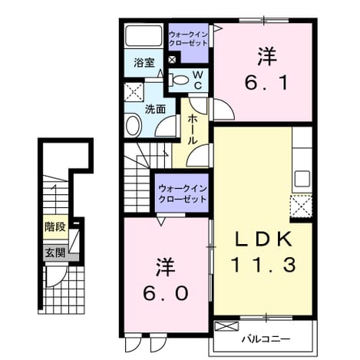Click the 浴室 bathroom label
[x=144, y=63]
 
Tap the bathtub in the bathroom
[x=144, y=35]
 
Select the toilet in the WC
[x=178, y=80]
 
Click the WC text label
[x=198, y=81]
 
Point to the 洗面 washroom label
[x=155, y=109]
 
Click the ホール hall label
[x=193, y=130]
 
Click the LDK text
[x=263, y=239]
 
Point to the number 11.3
[x=264, y=265]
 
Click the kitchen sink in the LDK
[x=302, y=179]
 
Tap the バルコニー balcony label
[x=266, y=339]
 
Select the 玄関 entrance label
[x=55, y=253]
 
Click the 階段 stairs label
[x=55, y=226]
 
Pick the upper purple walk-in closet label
[x=188, y=38]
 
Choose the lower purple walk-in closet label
[x=183, y=194]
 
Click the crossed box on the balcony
[x=226, y=326]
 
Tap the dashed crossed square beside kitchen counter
[x=301, y=206]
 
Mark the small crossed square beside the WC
[x=172, y=59]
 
